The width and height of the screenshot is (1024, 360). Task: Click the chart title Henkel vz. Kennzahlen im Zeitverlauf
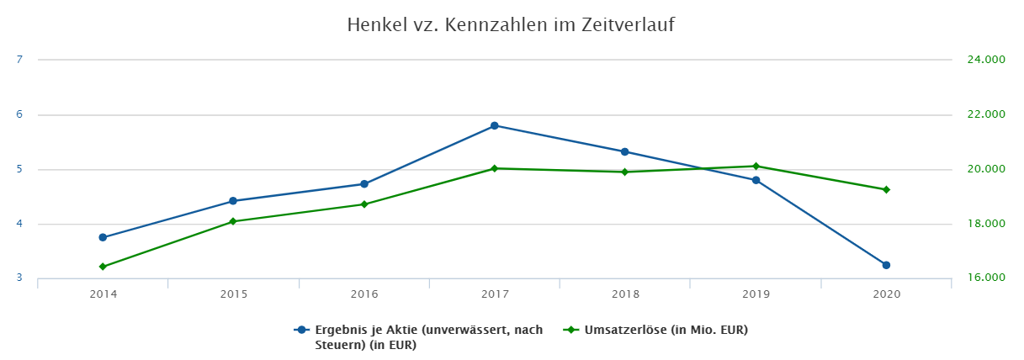pyautogui.click(x=511, y=25)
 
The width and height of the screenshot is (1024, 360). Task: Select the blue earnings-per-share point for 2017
pyautogui.click(x=495, y=126)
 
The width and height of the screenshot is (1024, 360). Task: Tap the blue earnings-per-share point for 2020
pyautogui.click(x=886, y=265)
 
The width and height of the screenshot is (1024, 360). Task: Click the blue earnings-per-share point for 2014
pyautogui.click(x=103, y=237)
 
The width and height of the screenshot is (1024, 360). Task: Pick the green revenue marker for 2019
pyautogui.click(x=756, y=167)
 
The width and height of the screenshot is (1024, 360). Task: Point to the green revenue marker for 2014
pyautogui.click(x=103, y=267)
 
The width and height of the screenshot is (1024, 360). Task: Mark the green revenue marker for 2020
pyautogui.click(x=886, y=190)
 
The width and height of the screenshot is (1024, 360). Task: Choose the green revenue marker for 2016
pyautogui.click(x=364, y=204)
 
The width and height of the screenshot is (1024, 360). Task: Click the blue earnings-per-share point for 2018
pyautogui.click(x=625, y=152)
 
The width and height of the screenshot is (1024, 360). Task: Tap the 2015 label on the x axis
pyautogui.click(x=233, y=294)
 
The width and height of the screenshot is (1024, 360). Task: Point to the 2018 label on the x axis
pyautogui.click(x=625, y=294)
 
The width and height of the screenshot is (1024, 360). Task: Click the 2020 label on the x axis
pyautogui.click(x=886, y=294)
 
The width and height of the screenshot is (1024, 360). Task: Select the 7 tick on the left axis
pyautogui.click(x=19, y=60)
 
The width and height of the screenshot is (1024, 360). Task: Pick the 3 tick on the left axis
pyautogui.click(x=19, y=278)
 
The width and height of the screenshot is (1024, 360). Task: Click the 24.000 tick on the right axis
pyautogui.click(x=987, y=61)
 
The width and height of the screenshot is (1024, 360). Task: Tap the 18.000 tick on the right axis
pyautogui.click(x=987, y=225)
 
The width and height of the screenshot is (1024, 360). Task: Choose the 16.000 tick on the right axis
pyautogui.click(x=987, y=278)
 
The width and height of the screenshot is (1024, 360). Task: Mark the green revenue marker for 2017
pyautogui.click(x=495, y=168)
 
